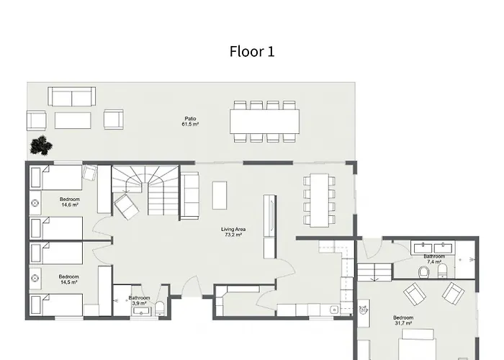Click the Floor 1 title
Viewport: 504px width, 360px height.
[252, 51]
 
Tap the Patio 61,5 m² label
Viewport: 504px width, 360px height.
[190, 121]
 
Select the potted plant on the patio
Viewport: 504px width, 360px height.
[41, 145]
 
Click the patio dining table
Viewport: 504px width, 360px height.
[264, 122]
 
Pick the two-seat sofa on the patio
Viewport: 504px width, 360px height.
[72, 96]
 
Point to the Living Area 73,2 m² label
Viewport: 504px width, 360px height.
[233, 232]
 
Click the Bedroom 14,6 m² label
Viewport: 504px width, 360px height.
[69, 202]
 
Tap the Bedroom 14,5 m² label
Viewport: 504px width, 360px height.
[69, 279]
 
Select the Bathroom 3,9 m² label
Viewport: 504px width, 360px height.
[139, 300]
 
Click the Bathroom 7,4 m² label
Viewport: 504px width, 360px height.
[434, 258]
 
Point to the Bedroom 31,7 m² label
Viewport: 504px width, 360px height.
[403, 320]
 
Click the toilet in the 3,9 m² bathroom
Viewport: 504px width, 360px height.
[160, 309]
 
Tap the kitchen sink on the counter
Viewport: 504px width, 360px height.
[334, 310]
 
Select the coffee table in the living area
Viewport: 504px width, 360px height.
[220, 195]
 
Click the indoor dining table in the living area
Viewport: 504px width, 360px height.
[319, 200]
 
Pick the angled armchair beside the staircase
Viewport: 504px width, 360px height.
[126, 207]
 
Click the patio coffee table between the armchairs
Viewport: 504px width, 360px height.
[73, 120]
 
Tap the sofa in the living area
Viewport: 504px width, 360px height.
[189, 195]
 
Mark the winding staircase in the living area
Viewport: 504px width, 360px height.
[145, 190]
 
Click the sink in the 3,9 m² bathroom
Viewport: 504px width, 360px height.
[141, 311]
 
